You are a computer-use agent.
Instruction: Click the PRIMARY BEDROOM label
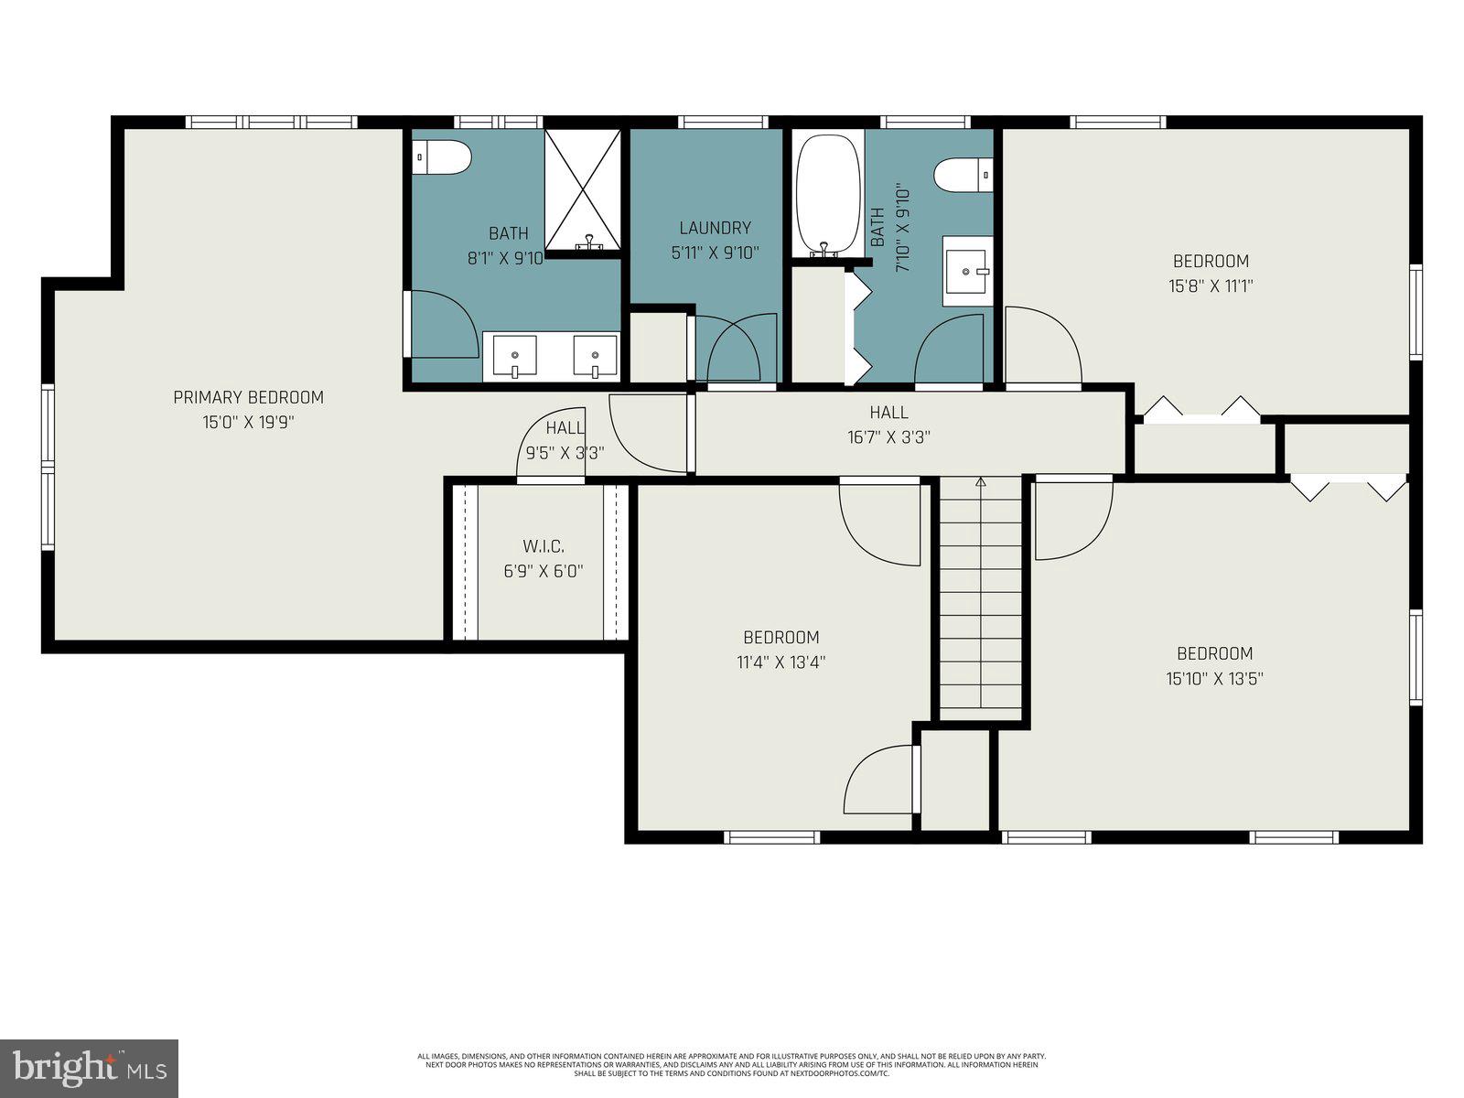click(248, 397)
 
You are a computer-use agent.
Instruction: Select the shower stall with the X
click(583, 190)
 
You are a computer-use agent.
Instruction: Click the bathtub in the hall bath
click(828, 194)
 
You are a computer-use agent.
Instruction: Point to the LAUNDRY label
click(715, 228)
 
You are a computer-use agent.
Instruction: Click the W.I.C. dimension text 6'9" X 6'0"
click(543, 571)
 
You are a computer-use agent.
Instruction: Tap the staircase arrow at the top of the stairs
click(981, 481)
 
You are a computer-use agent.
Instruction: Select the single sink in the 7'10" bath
click(967, 271)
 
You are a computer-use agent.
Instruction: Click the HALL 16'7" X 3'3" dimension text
click(888, 437)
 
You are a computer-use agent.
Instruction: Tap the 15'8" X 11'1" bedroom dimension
click(1210, 285)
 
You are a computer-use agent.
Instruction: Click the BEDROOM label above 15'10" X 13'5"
click(1214, 653)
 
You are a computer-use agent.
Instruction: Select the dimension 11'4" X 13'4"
click(780, 662)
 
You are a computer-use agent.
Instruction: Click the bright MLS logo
click(89, 1067)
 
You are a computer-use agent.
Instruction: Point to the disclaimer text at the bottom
click(731, 1064)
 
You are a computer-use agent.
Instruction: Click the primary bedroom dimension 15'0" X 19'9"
click(248, 423)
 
